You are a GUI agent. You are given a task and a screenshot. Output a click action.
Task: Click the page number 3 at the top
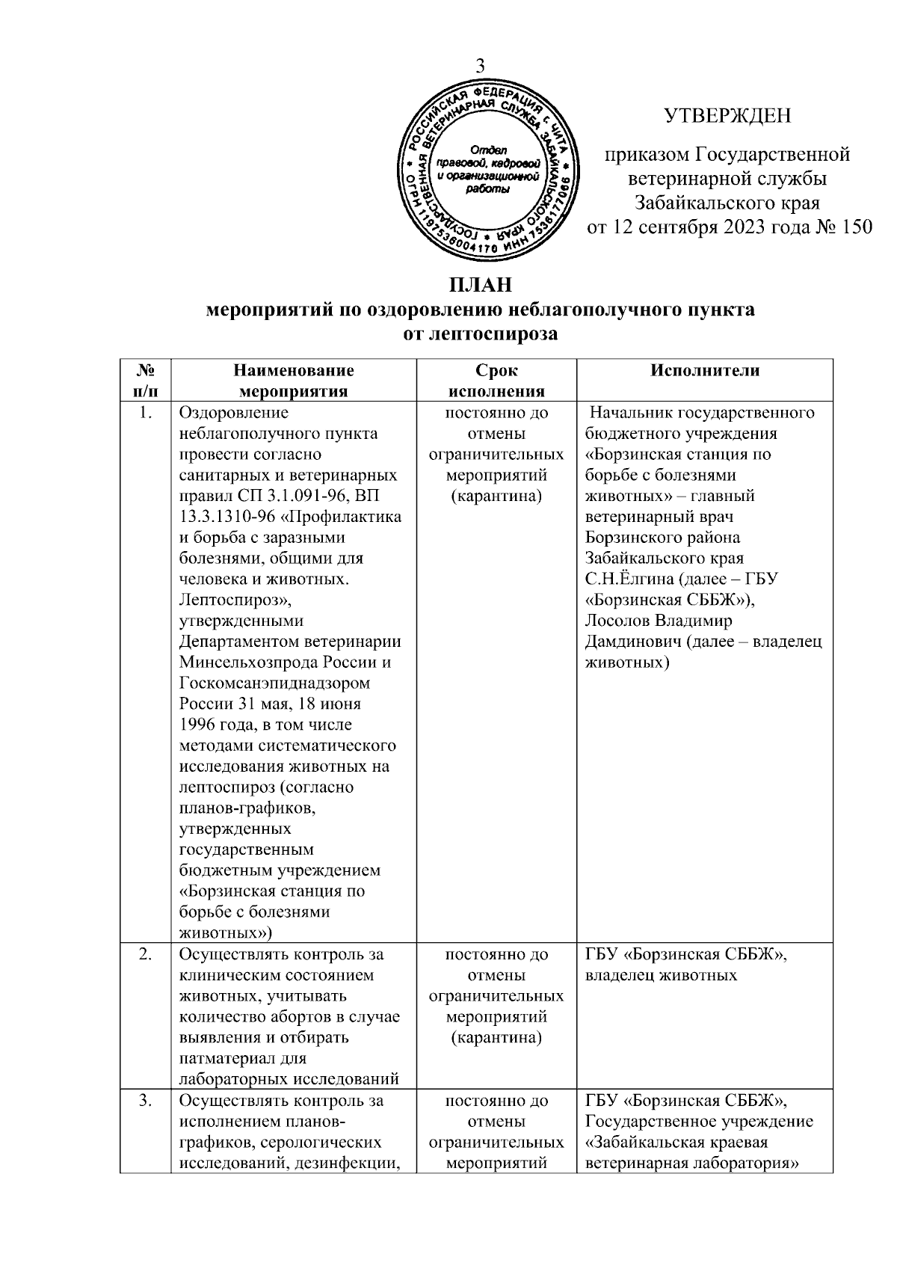[481, 65]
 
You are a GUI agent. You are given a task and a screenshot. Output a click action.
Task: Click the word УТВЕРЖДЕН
[727, 116]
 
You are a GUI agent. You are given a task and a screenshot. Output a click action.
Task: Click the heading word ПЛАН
[481, 286]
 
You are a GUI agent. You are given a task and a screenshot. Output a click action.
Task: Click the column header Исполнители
[705, 370]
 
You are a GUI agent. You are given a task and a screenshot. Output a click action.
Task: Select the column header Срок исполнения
[496, 381]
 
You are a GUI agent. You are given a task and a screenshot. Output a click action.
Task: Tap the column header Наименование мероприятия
[293, 381]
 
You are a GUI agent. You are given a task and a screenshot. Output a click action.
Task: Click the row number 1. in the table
[147, 413]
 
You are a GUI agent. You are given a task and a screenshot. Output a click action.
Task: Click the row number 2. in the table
[147, 955]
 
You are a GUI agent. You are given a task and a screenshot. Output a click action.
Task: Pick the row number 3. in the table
[147, 1101]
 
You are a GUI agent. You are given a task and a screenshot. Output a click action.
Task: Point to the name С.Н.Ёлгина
[634, 579]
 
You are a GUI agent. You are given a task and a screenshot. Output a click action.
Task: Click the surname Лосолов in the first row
[617, 621]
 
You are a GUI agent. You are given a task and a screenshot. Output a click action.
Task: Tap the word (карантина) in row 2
[496, 1038]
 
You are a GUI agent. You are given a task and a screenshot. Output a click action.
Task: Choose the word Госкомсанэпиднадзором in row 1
[275, 683]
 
